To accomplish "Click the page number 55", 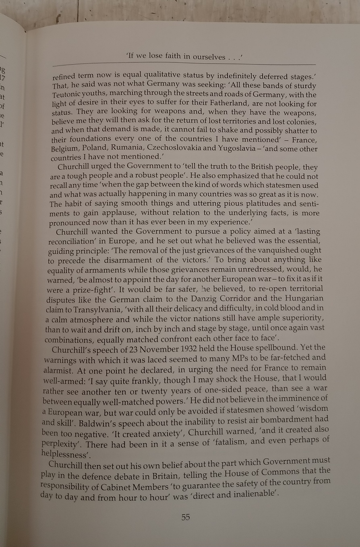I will coord(185,518).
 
